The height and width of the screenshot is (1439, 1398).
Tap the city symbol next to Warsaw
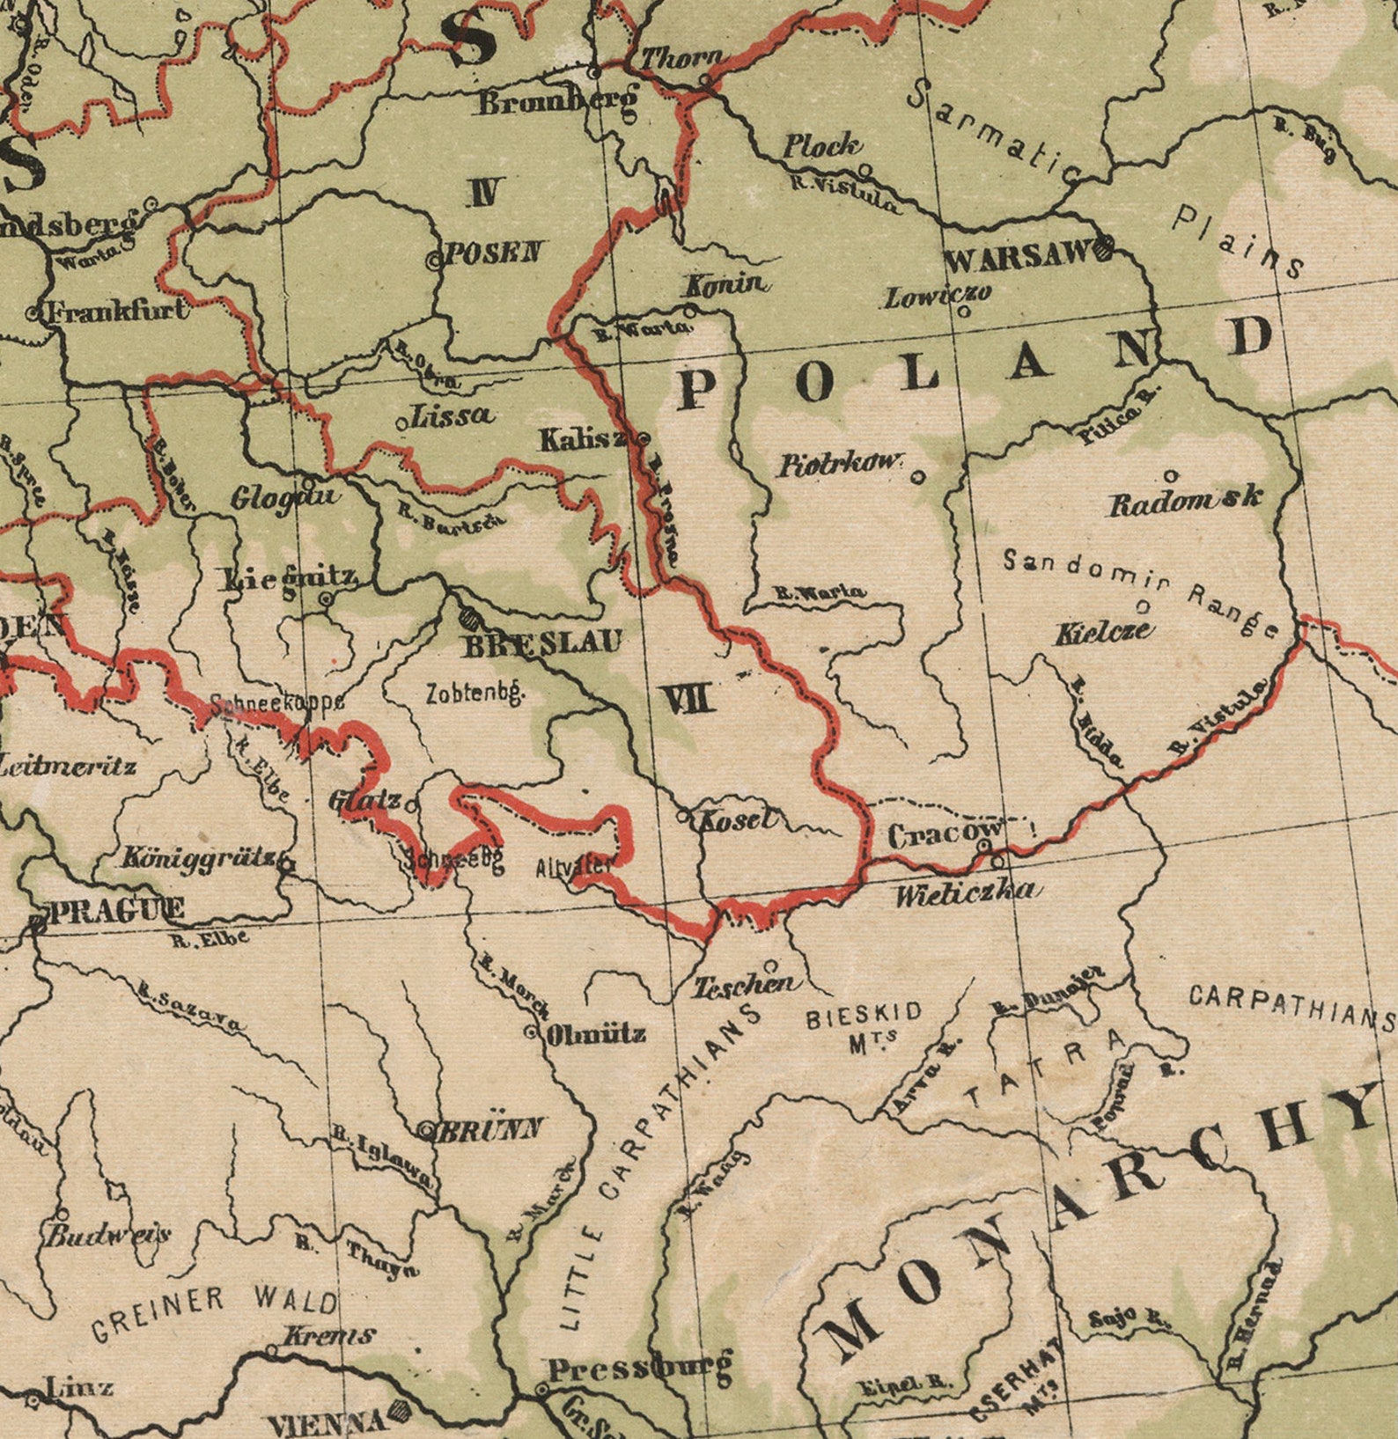pos(1105,248)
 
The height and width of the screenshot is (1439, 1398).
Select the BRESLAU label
pos(542,644)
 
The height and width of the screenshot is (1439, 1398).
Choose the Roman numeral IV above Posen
pos(486,191)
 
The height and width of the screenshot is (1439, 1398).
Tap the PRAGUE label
pos(114,910)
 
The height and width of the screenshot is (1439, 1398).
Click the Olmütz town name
pos(597,1033)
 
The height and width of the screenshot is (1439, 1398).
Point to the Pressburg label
pos(639,1369)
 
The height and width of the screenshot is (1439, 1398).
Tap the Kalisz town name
pos(582,439)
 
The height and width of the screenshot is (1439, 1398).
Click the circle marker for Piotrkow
pos(917,477)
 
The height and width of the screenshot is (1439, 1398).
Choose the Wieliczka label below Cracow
pos(965,894)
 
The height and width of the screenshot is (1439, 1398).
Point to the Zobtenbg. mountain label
pos(475,694)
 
